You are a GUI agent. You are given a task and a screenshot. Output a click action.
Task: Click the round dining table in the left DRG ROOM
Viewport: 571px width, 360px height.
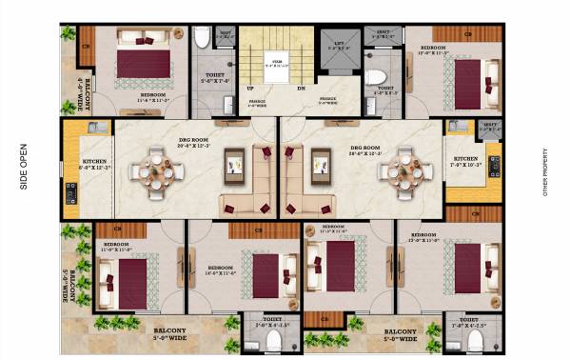156,170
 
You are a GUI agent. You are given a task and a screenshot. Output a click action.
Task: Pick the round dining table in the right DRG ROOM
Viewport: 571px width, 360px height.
398,171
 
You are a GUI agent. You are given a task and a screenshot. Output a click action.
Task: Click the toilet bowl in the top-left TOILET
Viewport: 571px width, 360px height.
202,39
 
